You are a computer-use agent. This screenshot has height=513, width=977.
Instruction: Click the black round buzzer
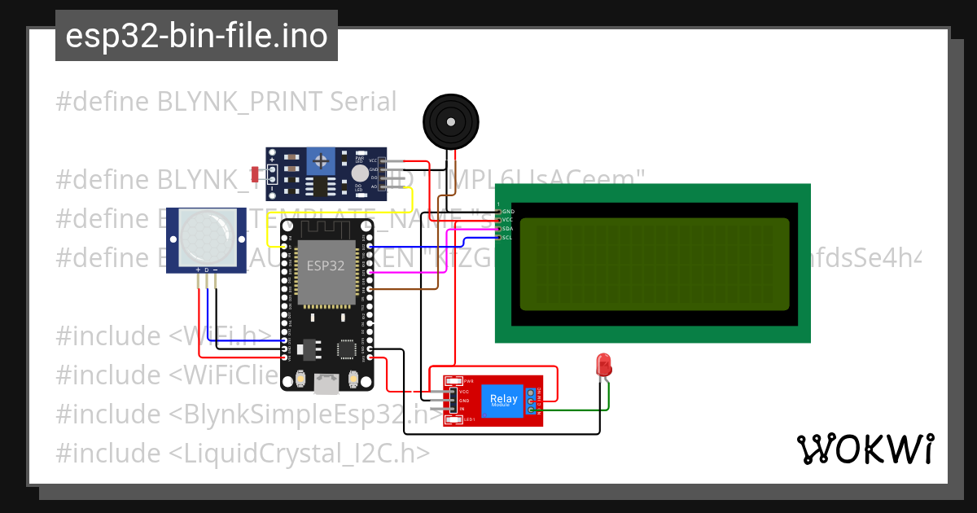(x=448, y=121)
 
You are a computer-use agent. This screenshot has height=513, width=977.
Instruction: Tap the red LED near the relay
(x=604, y=365)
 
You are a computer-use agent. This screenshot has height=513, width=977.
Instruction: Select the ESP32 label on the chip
(x=325, y=265)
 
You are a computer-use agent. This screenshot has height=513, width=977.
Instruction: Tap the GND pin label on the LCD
(x=507, y=211)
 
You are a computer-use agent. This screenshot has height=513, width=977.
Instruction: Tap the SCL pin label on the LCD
(x=506, y=238)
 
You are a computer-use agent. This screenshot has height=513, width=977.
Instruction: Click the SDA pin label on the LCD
(x=506, y=229)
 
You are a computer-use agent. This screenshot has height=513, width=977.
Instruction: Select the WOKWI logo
(x=865, y=449)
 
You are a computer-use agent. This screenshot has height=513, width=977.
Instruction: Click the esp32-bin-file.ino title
(x=196, y=36)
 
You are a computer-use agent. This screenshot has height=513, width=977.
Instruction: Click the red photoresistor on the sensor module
(x=256, y=173)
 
